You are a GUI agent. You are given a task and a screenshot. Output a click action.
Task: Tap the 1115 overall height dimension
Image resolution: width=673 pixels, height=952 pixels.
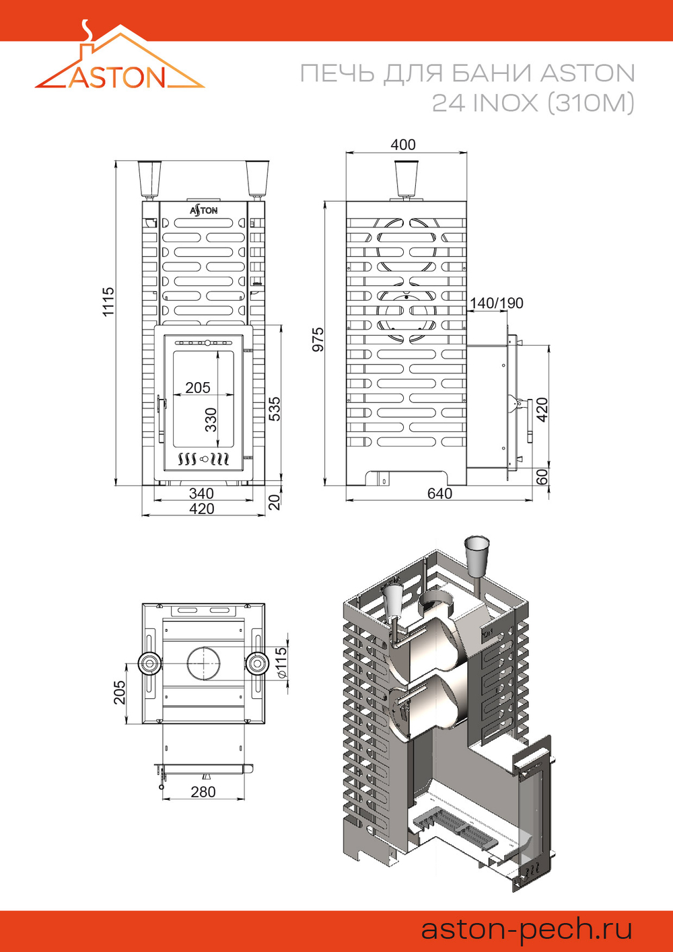[x=108, y=301]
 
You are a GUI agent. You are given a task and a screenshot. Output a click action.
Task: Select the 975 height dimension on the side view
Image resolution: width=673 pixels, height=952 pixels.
[x=318, y=340]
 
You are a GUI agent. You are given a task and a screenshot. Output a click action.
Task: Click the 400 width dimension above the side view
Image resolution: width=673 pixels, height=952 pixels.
[x=403, y=145]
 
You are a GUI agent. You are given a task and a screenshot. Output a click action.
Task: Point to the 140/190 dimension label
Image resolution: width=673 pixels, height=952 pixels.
[x=497, y=303]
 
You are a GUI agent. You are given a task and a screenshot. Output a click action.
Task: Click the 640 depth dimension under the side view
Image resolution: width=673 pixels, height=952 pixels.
[x=439, y=493]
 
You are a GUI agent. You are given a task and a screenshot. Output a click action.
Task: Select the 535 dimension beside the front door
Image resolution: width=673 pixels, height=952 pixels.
[x=275, y=409]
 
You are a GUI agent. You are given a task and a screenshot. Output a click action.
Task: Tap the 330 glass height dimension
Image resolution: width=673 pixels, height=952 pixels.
[x=211, y=420]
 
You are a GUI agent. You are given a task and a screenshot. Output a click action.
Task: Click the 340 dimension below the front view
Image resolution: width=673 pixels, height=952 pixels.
[x=201, y=494]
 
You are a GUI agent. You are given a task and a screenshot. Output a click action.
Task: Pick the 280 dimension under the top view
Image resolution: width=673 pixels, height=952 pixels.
[x=203, y=792]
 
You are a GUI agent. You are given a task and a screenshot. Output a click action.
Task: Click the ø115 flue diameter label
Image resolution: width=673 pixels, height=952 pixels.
[x=281, y=662]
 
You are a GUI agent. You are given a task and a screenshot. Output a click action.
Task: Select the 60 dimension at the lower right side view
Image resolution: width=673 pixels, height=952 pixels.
[x=542, y=477]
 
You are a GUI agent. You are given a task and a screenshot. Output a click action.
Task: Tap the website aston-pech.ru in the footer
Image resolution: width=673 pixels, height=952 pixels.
[x=526, y=929]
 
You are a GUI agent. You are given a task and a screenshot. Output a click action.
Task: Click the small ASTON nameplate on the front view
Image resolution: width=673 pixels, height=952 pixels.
[x=203, y=211]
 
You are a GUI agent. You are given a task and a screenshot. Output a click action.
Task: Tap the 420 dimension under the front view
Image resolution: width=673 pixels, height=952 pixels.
[x=201, y=509]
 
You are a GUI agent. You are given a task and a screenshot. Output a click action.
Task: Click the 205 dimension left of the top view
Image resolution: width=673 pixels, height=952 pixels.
[x=119, y=693]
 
